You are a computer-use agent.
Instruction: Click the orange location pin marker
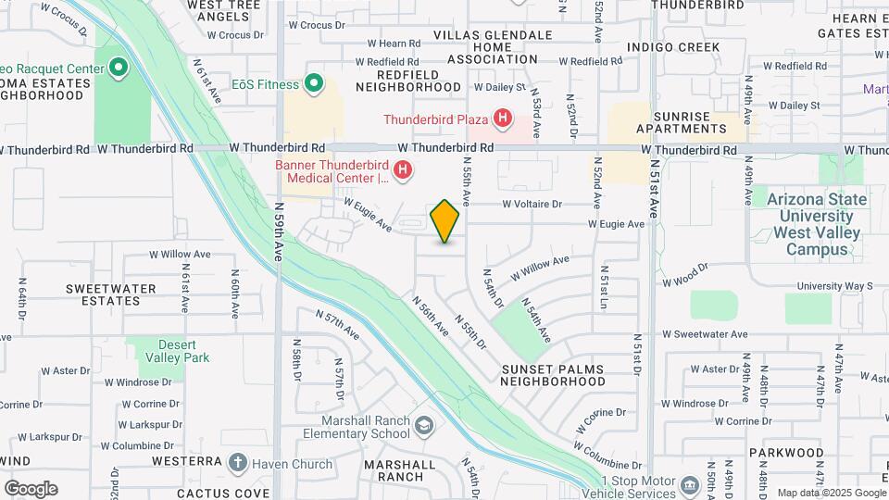click(x=444, y=221)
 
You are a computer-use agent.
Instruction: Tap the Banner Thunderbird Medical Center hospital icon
click(x=403, y=170)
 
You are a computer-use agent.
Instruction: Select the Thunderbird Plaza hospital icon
click(x=503, y=119)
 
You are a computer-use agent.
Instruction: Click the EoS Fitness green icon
click(x=314, y=85)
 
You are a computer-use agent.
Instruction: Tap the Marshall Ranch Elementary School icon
click(x=424, y=426)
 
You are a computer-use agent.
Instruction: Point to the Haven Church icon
click(x=238, y=463)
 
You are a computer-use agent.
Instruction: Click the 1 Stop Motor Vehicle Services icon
click(x=689, y=486)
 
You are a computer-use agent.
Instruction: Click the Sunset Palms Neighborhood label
click(x=552, y=375)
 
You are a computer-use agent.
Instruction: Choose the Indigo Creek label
click(x=673, y=46)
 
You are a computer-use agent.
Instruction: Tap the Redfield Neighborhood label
click(x=407, y=81)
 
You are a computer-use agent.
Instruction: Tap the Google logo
click(x=31, y=488)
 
